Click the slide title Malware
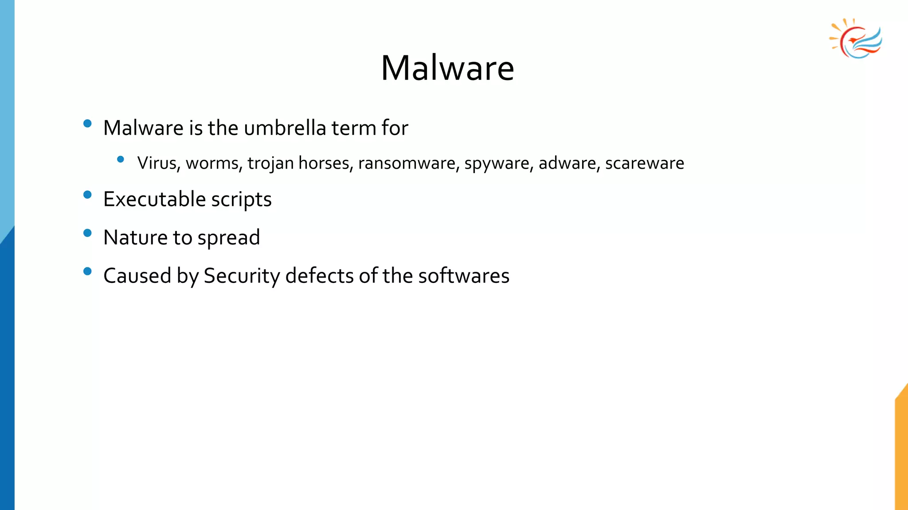(447, 68)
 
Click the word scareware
(645, 163)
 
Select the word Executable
(154, 199)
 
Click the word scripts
(241, 200)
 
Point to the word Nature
(135, 238)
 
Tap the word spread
(228, 238)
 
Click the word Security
(242, 276)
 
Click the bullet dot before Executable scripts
(87, 195)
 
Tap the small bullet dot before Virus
(120, 159)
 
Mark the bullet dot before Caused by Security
(87, 271)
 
